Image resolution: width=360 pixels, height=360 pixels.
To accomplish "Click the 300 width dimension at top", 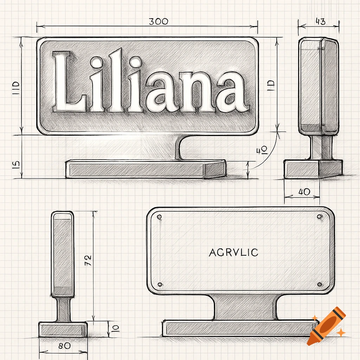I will (x=158, y=21).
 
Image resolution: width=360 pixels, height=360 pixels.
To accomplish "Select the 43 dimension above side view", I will (x=320, y=21).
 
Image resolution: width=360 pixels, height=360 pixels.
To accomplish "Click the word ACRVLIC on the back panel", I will (x=233, y=252).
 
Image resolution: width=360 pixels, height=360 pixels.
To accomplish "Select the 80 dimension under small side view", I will (x=64, y=346).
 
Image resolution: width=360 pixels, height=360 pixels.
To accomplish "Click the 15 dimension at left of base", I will (x=16, y=165).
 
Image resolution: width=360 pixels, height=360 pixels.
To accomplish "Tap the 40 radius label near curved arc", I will (x=262, y=150).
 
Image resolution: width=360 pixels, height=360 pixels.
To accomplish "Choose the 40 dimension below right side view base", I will (x=304, y=192).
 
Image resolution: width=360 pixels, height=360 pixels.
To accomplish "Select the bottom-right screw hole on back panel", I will (x=319, y=284).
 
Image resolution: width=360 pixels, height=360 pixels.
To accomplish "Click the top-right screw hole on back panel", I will (x=319, y=217).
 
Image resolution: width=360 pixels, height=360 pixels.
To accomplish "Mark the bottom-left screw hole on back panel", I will (x=160, y=284).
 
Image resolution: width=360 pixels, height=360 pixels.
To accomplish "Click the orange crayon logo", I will (x=326, y=326).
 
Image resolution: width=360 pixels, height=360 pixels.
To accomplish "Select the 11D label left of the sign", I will (x=16, y=89).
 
